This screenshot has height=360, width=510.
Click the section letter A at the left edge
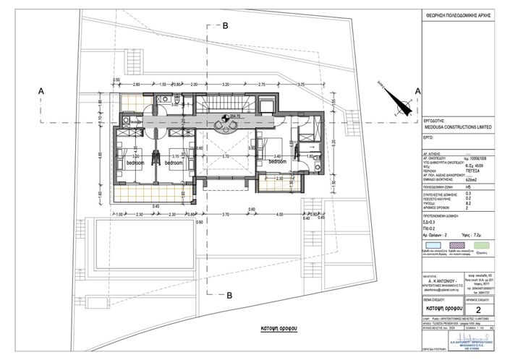click(x=42, y=90)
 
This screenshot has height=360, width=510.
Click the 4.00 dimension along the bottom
click(x=280, y=215)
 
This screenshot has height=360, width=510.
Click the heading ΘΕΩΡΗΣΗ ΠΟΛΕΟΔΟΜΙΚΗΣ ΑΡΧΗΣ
click(x=463, y=14)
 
